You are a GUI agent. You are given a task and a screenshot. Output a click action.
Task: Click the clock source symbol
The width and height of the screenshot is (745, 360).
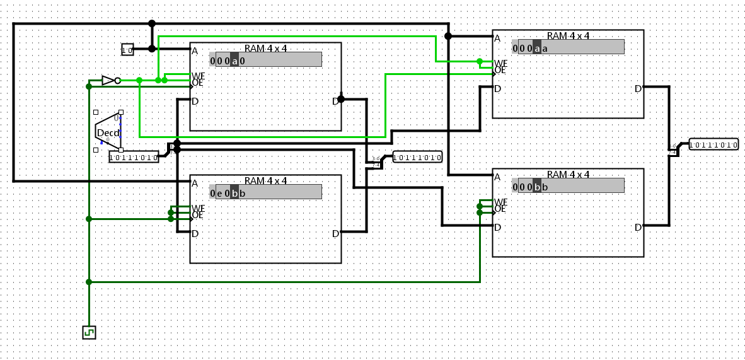pyautogui.click(x=89, y=332)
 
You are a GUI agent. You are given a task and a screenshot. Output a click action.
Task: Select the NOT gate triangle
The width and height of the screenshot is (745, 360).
pyautogui.click(x=108, y=80)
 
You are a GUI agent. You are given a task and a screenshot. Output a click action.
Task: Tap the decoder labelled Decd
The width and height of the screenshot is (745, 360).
pyautogui.click(x=107, y=132)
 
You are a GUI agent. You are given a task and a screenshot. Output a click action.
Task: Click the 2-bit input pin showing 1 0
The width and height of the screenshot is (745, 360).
pyautogui.click(x=127, y=50)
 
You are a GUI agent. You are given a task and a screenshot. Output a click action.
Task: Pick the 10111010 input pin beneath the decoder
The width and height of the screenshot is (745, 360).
pyautogui.click(x=134, y=157)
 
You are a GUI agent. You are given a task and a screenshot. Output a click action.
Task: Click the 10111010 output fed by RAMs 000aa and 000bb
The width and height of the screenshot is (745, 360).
pyautogui.click(x=713, y=144)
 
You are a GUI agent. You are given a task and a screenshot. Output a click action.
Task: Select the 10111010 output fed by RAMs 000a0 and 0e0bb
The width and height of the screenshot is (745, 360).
pyautogui.click(x=417, y=157)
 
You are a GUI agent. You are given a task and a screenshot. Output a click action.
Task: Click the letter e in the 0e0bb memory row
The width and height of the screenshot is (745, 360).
pyautogui.click(x=219, y=192)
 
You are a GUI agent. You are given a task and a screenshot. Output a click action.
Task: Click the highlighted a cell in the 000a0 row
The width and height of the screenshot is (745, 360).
pyautogui.click(x=234, y=61)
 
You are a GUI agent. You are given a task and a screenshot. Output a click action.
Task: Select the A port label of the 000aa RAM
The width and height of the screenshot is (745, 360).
pyautogui.click(x=497, y=38)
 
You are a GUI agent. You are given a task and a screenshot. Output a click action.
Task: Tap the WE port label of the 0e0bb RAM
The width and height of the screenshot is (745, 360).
pyautogui.click(x=198, y=208)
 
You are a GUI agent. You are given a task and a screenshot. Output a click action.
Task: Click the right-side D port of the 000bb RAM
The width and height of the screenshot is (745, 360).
pyautogui.click(x=638, y=228)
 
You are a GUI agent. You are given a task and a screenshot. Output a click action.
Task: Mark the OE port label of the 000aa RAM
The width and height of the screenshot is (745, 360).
pyautogui.click(x=500, y=70)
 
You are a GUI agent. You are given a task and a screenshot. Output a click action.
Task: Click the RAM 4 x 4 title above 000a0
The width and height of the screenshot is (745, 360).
pyautogui.click(x=265, y=48)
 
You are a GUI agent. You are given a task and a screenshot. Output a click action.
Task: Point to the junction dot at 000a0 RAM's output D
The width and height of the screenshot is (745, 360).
pyautogui.click(x=341, y=99)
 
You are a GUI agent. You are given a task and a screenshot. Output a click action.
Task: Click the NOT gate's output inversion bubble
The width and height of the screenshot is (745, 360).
pyautogui.click(x=118, y=80)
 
